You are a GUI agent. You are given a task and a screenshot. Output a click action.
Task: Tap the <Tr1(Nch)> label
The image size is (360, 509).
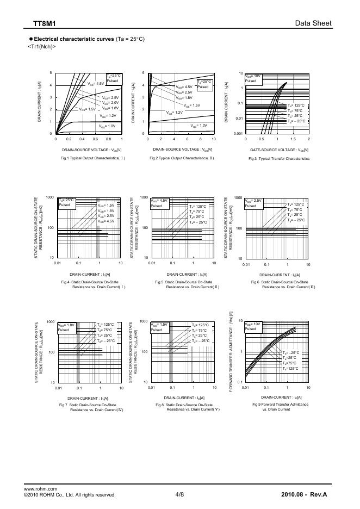[41, 47]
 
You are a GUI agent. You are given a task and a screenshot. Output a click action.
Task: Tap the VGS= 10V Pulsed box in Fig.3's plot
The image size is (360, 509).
[253, 78]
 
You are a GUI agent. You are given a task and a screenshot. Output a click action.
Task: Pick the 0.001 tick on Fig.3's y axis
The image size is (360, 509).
[237, 133]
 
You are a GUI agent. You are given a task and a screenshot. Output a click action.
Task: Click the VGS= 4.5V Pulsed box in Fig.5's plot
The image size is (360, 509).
[159, 203]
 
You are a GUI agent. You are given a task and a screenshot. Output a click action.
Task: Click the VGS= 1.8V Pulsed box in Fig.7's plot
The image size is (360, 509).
[67, 327]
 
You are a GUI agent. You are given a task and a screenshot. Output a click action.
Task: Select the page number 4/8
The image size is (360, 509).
[180, 494]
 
